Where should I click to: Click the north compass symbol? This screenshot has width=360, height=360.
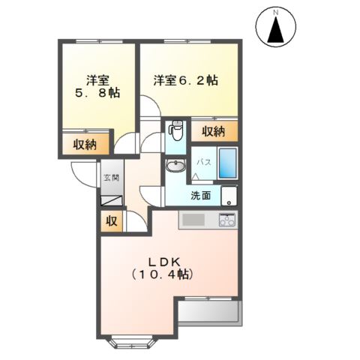click(276, 28)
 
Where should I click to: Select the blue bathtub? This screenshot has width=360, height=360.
click(227, 163)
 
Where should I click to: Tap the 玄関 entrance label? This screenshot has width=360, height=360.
click(110, 179)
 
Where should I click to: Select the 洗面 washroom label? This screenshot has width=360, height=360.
click(200, 196)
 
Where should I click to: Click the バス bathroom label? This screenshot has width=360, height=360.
click(203, 161)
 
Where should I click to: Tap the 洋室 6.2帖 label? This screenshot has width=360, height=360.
click(186, 80)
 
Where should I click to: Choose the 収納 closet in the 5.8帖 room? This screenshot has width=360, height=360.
click(85, 145)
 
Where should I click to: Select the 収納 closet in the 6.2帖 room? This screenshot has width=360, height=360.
click(214, 131)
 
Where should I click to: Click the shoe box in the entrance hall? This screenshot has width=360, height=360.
click(111, 201)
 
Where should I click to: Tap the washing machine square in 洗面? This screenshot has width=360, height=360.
click(228, 196)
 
